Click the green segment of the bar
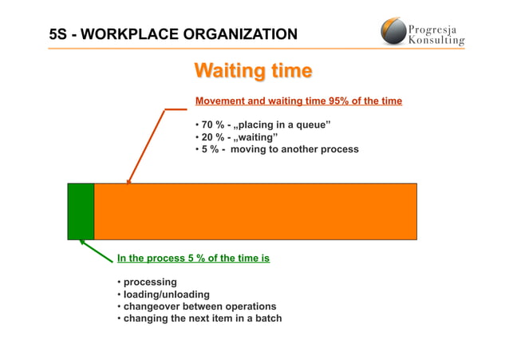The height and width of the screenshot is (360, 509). click(81, 211)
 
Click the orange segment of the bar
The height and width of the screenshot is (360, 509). click(255, 211)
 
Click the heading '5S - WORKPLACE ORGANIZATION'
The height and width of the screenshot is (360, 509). click(173, 34)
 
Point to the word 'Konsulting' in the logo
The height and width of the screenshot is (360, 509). click(436, 39)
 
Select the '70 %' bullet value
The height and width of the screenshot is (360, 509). click(211, 125)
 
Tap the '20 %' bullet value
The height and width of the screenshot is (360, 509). click(211, 137)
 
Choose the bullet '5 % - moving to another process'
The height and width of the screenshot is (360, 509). click(277, 149)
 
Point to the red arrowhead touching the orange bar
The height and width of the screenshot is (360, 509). click(128, 180)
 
